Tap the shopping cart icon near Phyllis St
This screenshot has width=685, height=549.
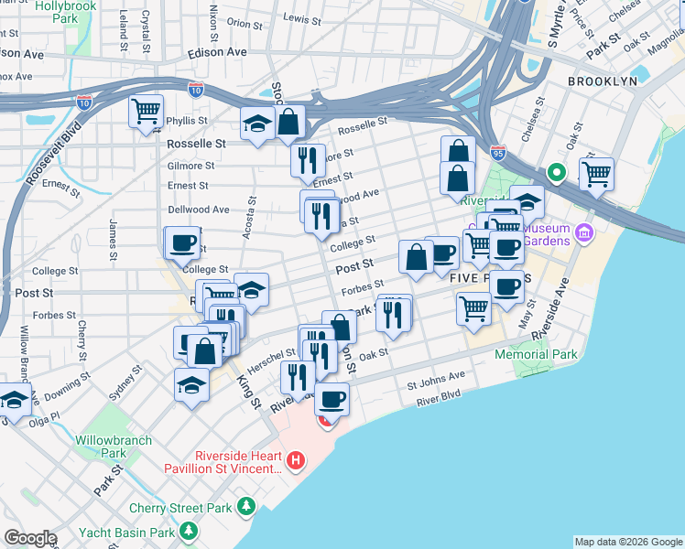[146, 112]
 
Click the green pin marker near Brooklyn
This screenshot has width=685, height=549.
[555, 172]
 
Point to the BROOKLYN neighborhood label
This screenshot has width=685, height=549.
[602, 81]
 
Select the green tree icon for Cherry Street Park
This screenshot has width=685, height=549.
[245, 506]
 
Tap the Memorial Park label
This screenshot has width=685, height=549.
[536, 354]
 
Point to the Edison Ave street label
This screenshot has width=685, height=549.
[217, 52]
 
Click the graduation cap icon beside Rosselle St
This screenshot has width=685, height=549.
[257, 124]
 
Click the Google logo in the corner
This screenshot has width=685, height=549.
[29, 538]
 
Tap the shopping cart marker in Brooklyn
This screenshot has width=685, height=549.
[596, 172]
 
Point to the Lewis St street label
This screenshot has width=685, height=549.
[303, 17]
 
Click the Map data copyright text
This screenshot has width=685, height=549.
[627, 542]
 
